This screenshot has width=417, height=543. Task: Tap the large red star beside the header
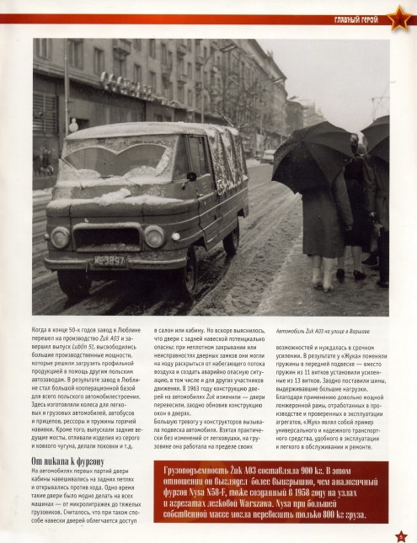(x=397, y=17)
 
